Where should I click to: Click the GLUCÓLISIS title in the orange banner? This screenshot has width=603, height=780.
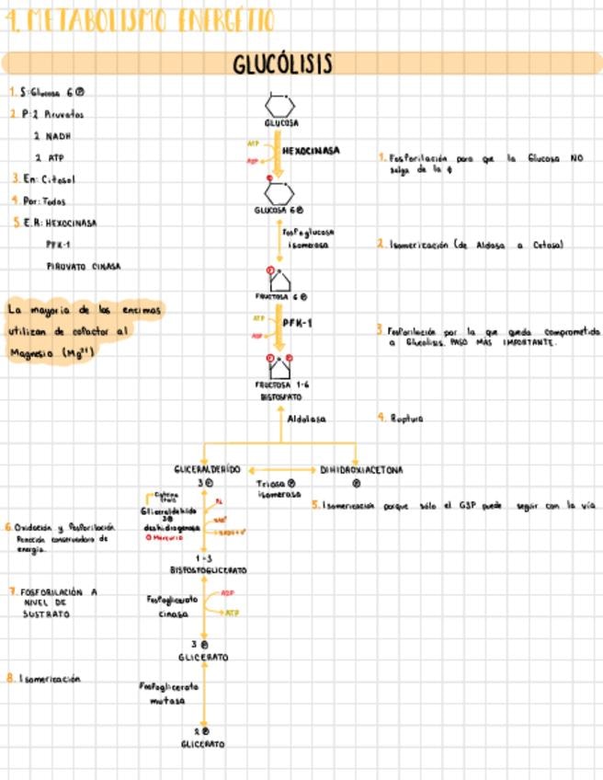tap(282, 63)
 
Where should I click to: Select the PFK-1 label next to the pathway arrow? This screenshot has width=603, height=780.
tap(299, 324)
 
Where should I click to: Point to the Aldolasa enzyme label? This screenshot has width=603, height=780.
tap(307, 419)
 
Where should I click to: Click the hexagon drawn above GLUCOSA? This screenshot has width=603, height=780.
tap(279, 104)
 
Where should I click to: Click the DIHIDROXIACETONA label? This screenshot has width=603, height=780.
tap(361, 469)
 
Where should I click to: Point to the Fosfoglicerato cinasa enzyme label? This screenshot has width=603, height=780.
tap(173, 606)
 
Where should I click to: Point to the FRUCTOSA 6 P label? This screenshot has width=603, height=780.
tap(281, 297)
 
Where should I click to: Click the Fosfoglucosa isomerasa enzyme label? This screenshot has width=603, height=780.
tap(308, 239)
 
